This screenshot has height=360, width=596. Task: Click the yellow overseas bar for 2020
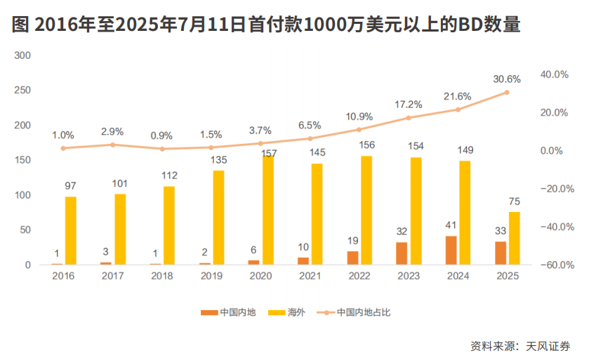coord(267,211)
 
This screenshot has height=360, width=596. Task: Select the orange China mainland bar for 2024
coord(451,251)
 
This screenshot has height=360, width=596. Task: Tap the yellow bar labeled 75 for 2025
coord(514,239)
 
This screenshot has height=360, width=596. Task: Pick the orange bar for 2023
coord(402,253)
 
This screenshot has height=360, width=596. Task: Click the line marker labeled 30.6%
coord(506,93)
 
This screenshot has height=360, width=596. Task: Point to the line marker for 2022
coord(359,130)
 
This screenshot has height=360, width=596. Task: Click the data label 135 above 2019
coord(218,159)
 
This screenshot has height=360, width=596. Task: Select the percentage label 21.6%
coord(457,95)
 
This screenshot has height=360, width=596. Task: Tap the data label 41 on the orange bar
coord(451,226)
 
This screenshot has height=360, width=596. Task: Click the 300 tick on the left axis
coord(23,55)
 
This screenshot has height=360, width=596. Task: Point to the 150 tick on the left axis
coord(23,161)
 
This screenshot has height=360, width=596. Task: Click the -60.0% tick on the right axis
coord(555,265)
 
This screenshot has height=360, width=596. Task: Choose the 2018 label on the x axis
coord(162,276)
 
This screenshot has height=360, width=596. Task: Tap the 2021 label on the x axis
coord(310,276)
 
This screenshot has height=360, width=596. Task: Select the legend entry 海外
coord(296,312)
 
